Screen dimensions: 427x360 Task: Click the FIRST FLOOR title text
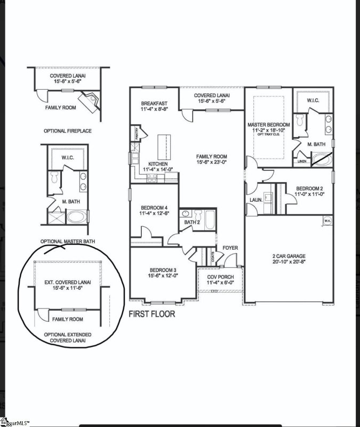(x=151, y=314)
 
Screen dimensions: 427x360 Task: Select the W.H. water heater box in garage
(x=327, y=219)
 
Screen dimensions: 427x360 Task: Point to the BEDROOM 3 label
(x=163, y=272)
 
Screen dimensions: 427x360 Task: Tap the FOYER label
(x=230, y=248)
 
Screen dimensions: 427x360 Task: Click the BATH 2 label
(x=192, y=222)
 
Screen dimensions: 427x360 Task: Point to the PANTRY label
(x=137, y=136)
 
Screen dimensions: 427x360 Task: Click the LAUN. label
(x=255, y=200)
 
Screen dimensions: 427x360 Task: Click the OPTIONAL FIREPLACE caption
(x=68, y=131)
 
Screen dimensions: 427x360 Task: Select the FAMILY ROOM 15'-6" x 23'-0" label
(x=212, y=160)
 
